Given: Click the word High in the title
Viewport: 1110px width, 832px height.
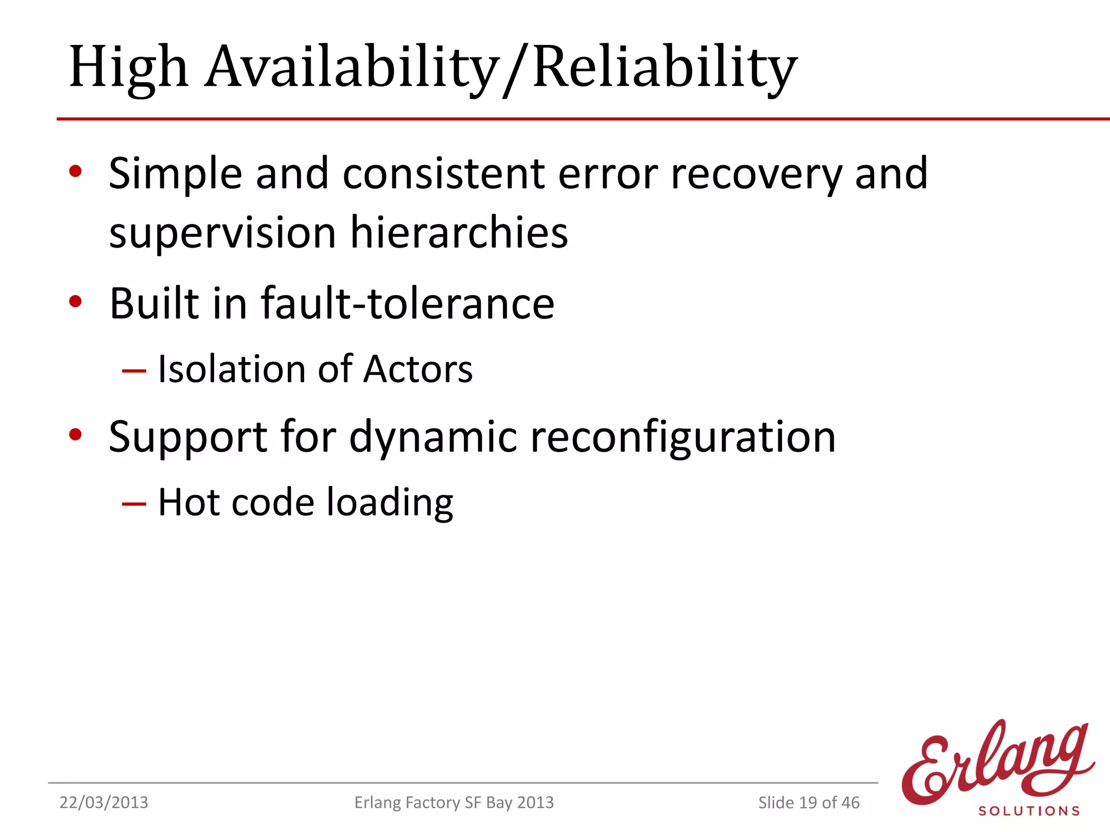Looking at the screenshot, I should tap(128, 68).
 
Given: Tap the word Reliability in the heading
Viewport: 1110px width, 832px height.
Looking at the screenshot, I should tap(664, 68).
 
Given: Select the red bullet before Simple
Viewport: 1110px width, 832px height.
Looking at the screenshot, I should tap(75, 172).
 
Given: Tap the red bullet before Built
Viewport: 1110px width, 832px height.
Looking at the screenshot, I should tap(75, 302).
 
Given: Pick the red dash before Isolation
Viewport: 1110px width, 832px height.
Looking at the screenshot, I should tap(134, 371).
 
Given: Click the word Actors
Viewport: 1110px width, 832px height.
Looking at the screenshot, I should tap(418, 369).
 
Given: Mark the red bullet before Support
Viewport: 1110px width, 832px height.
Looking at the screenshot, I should tap(75, 434).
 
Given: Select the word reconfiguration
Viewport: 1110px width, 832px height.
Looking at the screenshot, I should tap(683, 438).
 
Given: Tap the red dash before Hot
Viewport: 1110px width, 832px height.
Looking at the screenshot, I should tap(134, 504).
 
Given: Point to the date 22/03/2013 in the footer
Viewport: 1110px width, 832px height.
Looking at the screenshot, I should tap(104, 802).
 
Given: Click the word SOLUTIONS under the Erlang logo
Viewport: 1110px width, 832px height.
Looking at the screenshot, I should tap(1029, 811).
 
